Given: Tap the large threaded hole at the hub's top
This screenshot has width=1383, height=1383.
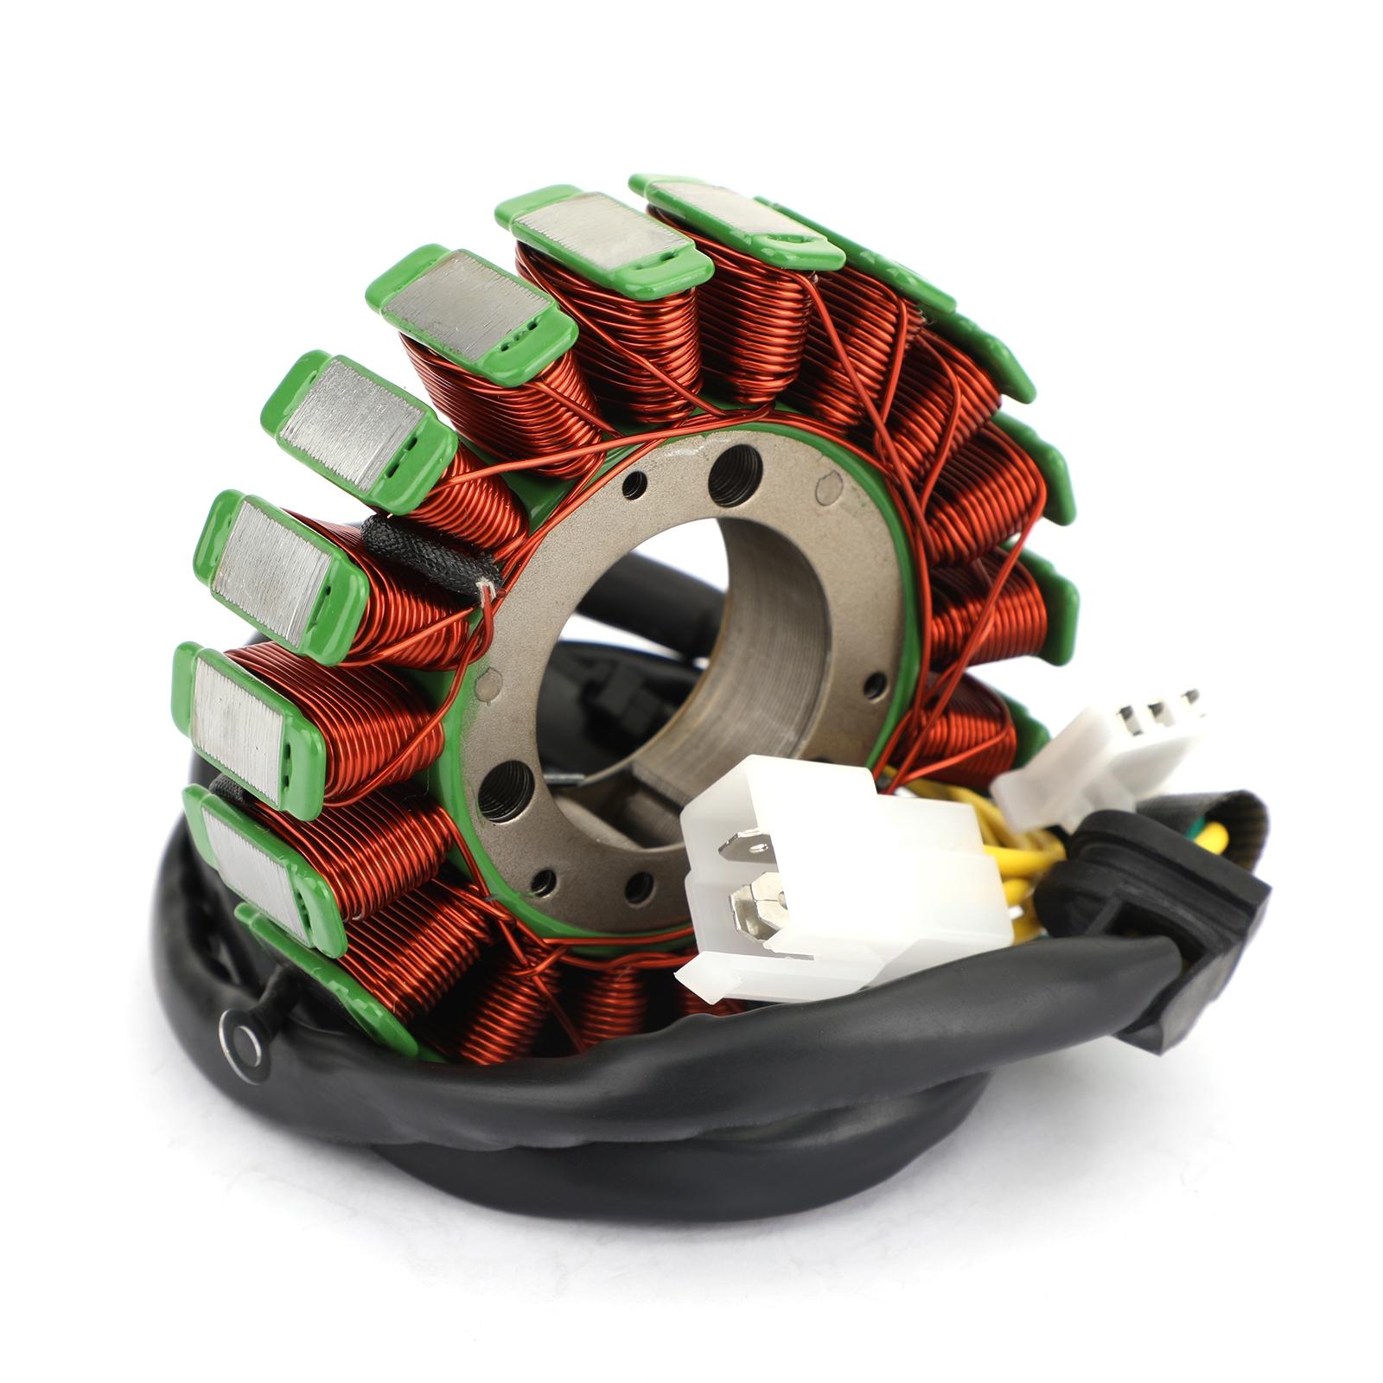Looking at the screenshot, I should (735, 475).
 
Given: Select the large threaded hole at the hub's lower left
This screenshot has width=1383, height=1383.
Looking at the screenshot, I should (506, 790).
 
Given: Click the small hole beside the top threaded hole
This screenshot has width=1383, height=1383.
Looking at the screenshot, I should (634, 486).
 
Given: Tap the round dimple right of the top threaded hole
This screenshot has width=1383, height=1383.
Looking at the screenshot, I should (829, 490).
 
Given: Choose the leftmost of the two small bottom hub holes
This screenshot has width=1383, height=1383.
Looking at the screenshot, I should (544, 882).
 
